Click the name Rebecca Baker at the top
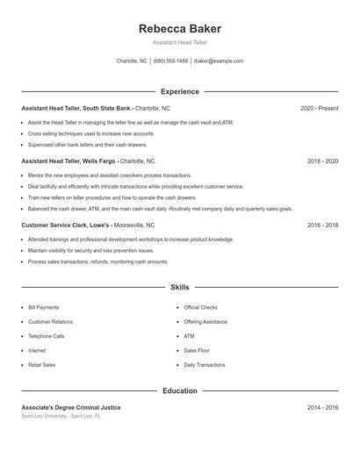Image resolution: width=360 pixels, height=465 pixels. pos(179,29)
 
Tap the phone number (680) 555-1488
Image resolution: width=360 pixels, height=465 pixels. pos(170,61)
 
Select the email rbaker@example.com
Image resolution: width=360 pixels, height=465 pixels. pos(218,61)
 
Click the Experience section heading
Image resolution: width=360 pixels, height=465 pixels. pos(179,91)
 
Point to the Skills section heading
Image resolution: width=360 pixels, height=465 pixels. pos(179,287)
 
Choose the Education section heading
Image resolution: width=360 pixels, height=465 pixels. pos(179,390)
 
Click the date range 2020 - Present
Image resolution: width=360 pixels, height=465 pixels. pos(319,108)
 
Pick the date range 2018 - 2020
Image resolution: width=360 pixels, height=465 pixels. pos(322,161)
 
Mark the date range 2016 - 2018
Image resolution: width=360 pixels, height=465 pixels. pos(322,225)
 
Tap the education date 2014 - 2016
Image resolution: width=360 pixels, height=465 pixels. pos(322,407)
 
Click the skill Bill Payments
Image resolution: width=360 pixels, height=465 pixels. pos(44,308)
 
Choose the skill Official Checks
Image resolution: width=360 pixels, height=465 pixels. pos(200,308)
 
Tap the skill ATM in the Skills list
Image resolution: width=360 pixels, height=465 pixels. pos(189,336)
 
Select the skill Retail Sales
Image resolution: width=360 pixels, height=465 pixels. pos(42,364)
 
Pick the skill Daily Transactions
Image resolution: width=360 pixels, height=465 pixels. pos(205,364)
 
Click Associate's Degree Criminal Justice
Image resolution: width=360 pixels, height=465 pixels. pos(71,407)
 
